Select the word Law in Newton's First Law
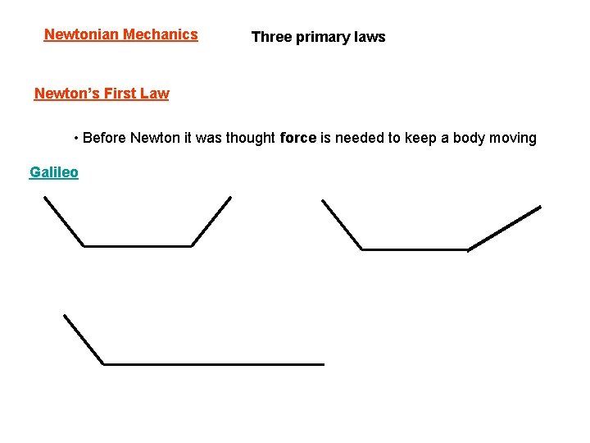click(155, 94)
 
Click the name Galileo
click(54, 172)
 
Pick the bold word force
click(297, 138)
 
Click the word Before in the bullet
click(105, 138)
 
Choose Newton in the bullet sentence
click(156, 138)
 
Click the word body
click(468, 138)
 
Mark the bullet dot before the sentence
click(75, 138)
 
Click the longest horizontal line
click(213, 363)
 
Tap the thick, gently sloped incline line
click(505, 228)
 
